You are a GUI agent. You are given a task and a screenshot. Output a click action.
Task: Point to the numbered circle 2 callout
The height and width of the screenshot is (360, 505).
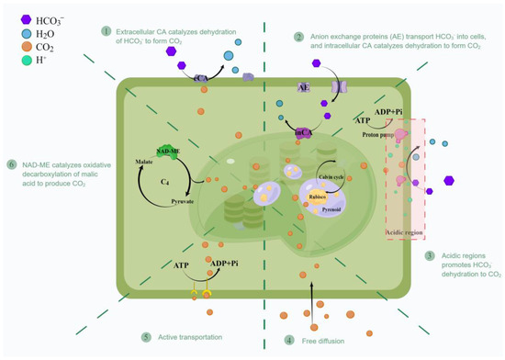click(298, 37)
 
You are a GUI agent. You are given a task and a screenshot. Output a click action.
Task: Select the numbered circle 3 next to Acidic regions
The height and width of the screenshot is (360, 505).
click(430, 255)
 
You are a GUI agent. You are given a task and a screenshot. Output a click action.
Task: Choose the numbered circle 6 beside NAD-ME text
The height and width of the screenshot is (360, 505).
click(12, 164)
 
